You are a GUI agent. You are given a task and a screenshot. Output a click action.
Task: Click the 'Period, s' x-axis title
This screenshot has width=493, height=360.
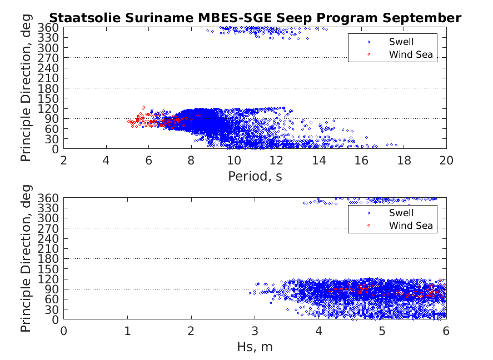pos(255,177)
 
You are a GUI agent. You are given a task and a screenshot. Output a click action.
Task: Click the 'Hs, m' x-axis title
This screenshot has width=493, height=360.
pos(255,347)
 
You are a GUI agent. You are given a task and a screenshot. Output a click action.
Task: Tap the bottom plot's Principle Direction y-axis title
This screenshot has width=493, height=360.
pos(26,259)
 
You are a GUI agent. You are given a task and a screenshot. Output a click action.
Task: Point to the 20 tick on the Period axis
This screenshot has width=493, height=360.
pos(446,161)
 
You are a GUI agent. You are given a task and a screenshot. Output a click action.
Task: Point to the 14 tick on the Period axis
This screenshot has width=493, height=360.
pos(318,161)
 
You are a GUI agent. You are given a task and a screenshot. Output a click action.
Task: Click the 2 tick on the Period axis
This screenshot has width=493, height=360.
pos(64,161)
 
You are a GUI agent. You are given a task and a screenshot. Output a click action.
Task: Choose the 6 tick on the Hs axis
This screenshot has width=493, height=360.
pos(446,331)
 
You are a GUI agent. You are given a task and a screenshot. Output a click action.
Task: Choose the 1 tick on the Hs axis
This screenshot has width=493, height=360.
pos(127,331)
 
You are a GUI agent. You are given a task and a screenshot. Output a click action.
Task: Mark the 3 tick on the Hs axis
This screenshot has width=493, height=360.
pos(255,331)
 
